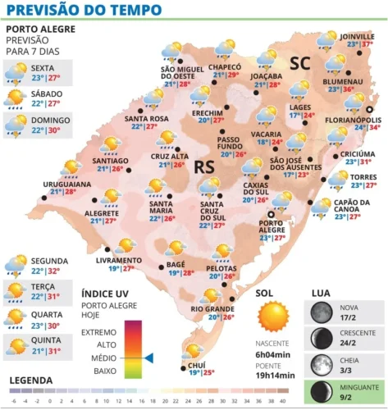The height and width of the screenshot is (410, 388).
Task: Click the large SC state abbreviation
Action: click(299, 62)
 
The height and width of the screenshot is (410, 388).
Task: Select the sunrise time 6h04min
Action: click(276, 353)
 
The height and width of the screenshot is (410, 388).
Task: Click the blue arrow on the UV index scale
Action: click(148, 357)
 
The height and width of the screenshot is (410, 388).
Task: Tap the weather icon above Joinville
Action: click(326, 38)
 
